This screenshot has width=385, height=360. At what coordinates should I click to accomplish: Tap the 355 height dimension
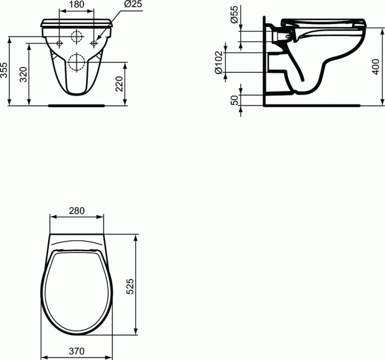click(x=4, y=70)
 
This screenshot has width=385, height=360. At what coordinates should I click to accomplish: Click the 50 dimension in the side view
click(x=234, y=100)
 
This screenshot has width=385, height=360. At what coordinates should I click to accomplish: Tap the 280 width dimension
click(x=77, y=210)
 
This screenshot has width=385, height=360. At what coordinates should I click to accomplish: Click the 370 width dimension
click(x=77, y=352)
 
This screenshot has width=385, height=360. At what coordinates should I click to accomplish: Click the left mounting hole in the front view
click(x=59, y=43)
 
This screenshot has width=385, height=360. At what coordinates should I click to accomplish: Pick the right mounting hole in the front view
click(x=94, y=43)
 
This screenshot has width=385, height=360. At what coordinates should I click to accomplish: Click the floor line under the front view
click(x=77, y=104)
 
